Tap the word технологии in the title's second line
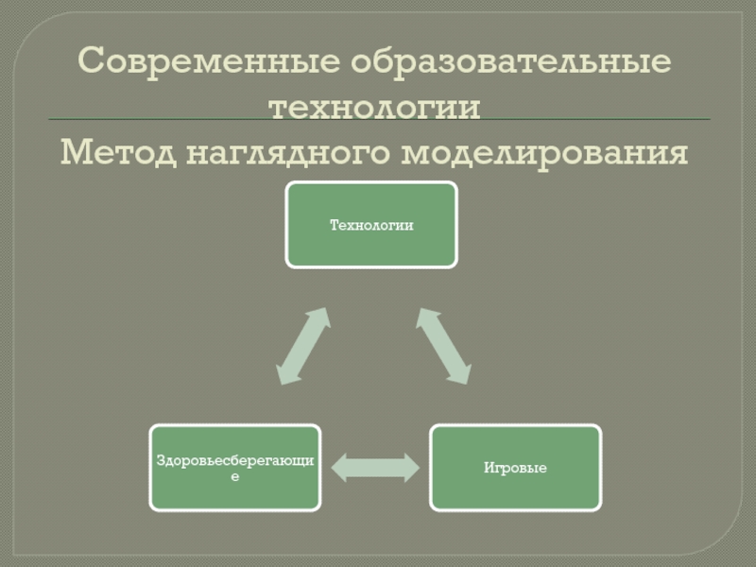click(375, 106)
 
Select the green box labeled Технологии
click(371, 225)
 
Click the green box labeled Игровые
click(515, 467)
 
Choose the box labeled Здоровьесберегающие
click(234, 467)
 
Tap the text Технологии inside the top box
click(371, 225)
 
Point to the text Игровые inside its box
click(515, 468)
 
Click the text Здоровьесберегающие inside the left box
click(234, 461)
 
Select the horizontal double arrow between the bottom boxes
click(375, 467)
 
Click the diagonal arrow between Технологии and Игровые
click(442, 345)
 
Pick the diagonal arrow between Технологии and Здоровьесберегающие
click(303, 345)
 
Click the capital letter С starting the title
click(90, 63)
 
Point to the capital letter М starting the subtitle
click(74, 151)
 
